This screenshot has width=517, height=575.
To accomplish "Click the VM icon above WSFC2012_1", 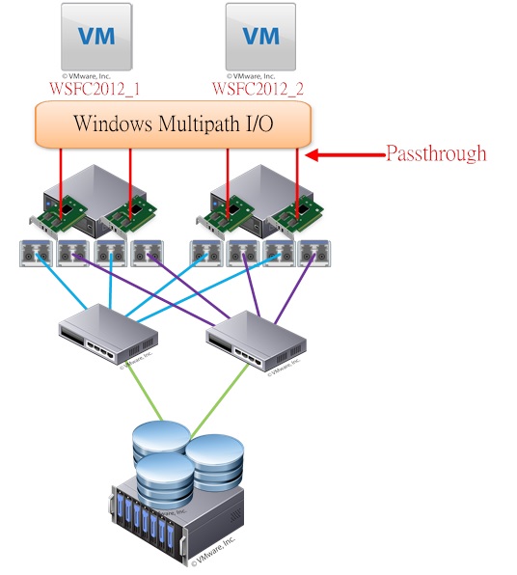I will coord(95,37).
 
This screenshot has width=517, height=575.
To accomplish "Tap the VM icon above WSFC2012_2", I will coord(259,37).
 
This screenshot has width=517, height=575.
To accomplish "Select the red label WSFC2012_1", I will coord(95,88).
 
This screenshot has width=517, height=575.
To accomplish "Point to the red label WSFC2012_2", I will coord(259,88).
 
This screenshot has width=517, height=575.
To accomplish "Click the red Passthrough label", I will coord(436,153).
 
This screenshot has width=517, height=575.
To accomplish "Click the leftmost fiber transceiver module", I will coord(35,254).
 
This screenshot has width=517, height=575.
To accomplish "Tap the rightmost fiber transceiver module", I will coord(309,254).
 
